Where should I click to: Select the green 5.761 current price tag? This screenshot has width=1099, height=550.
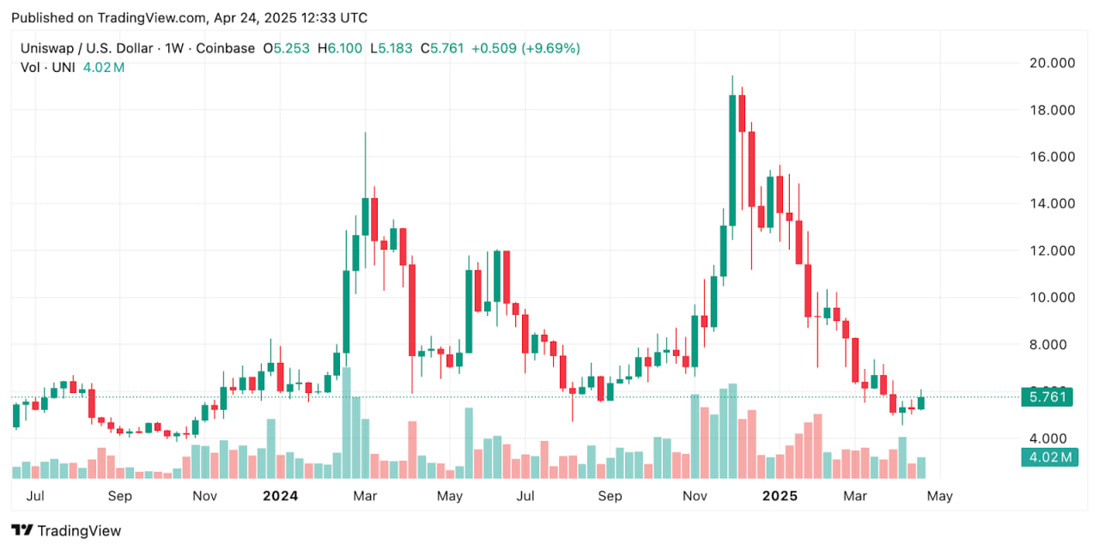pos(1047,396)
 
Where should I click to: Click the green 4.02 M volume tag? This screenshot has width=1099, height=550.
pos(1047,457)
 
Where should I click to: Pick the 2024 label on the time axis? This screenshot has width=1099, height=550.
pos(280,496)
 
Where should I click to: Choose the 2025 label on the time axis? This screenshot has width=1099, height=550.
pos(780,496)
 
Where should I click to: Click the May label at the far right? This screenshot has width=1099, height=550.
pos(940,496)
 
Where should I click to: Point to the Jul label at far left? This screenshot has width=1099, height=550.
pos(36,496)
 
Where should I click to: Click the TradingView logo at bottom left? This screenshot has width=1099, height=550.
pos(66,530)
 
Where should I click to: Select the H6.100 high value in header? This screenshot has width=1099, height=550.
pos(340,48)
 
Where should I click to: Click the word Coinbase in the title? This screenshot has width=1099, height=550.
pos(225,48)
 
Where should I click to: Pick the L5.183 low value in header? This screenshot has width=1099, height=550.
pos(392,48)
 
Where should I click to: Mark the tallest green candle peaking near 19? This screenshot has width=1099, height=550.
pos(732,154)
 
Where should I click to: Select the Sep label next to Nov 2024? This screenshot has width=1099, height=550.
pos(610,496)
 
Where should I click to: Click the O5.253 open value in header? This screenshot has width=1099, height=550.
pos(287,48)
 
